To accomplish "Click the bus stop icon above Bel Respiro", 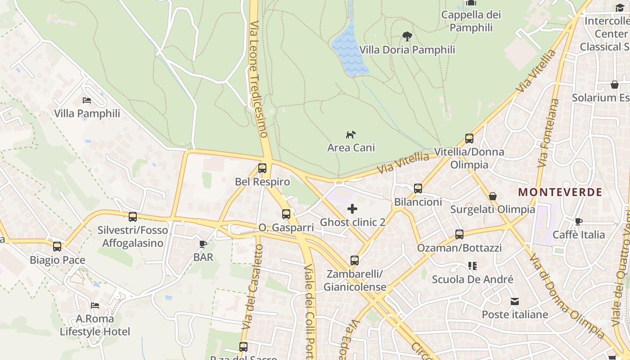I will click(x=262, y=168).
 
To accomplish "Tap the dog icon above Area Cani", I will click(x=351, y=134).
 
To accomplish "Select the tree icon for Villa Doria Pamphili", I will click(x=407, y=36).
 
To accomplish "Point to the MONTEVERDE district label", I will click(x=560, y=192).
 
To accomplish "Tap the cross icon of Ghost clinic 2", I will click(x=352, y=209).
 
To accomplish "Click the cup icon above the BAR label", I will click(x=203, y=244).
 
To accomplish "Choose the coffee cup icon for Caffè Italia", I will click(x=579, y=221).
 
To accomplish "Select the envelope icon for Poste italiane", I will click(x=515, y=301).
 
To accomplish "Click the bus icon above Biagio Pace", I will click(x=57, y=247).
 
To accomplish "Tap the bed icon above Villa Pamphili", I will click(x=87, y=100).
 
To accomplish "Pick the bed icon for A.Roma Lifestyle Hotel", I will click(x=95, y=305).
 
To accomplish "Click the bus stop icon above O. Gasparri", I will click(x=286, y=214).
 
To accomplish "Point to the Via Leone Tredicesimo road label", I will click(x=258, y=79).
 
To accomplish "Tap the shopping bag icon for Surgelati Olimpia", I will click(x=493, y=196).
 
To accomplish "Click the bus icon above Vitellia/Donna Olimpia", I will click(x=469, y=139).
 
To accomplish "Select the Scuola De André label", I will click(x=472, y=279).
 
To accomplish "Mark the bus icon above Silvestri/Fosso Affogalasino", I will click(x=133, y=217).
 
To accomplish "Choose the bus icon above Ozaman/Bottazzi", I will click(x=459, y=234).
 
